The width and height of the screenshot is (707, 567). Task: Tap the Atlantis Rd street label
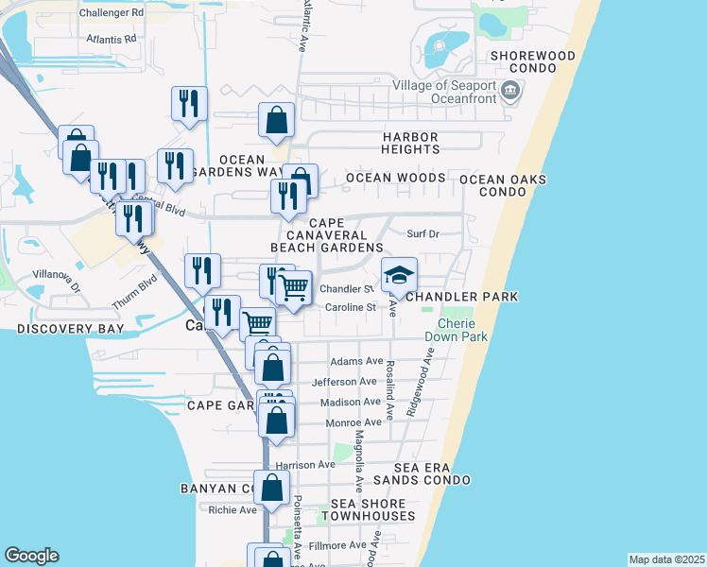(x=111, y=40)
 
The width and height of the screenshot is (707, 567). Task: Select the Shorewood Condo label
(x=533, y=62)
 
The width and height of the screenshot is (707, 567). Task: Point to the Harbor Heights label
(x=411, y=143)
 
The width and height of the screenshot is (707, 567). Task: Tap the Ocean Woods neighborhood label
(x=395, y=178)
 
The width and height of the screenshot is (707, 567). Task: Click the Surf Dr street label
(x=422, y=233)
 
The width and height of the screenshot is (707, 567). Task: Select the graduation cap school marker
(x=399, y=275)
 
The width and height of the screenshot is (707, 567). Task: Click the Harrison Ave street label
(x=305, y=465)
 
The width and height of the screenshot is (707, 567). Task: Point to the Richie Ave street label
(x=233, y=510)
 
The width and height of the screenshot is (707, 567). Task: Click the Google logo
(x=31, y=556)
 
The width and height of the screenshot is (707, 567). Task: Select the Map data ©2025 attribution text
(x=666, y=559)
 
